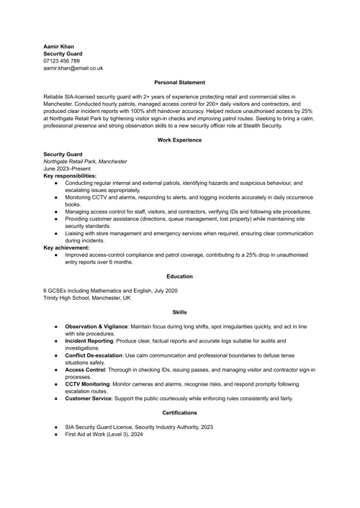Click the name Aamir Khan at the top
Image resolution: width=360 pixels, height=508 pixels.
(x=58, y=46)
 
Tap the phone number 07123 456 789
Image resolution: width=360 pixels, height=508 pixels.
(x=61, y=60)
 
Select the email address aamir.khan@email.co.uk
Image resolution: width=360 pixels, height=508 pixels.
(x=73, y=68)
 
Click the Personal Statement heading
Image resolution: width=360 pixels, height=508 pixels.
(x=179, y=82)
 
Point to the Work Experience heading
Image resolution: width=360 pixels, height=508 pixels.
(x=179, y=140)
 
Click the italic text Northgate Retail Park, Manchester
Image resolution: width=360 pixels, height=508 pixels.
(x=85, y=161)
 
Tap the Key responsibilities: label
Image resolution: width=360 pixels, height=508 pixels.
(x=70, y=176)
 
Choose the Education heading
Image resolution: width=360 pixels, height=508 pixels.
(x=179, y=276)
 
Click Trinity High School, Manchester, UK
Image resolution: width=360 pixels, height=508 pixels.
(x=87, y=297)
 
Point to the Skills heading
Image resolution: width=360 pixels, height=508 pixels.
(x=179, y=312)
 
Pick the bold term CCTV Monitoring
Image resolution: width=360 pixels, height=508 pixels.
(x=87, y=384)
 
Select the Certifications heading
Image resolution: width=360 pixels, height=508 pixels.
(x=179, y=413)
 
